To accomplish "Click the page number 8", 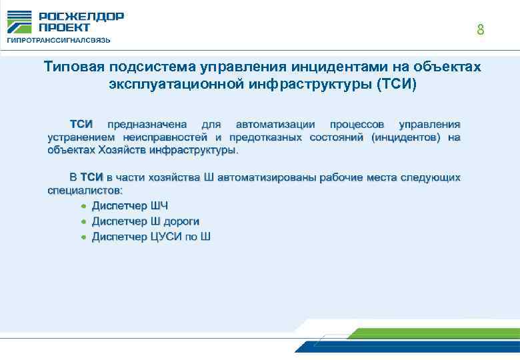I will click(x=480, y=30).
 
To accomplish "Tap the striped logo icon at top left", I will click(x=19, y=22).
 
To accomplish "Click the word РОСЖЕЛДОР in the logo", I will click(x=81, y=17).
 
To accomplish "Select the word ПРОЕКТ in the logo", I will click(x=65, y=27).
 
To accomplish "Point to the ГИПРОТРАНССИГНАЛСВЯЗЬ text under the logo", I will click(x=59, y=40).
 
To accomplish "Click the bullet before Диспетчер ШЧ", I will click(x=83, y=205).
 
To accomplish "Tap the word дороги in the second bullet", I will click(x=181, y=221).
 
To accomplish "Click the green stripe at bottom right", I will click(x=433, y=333).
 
